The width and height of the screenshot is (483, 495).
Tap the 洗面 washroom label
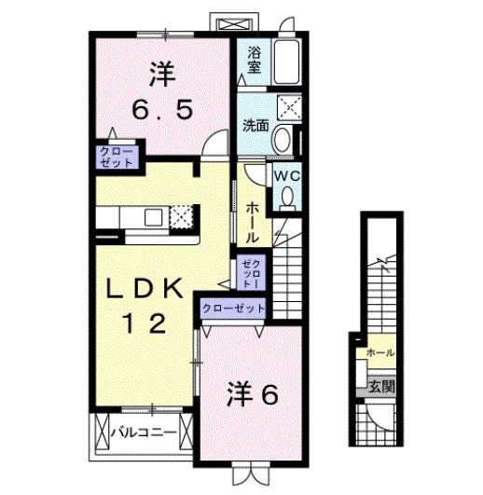pyautogui.click(x=255, y=125)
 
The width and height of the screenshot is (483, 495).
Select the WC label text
pyautogui.click(x=284, y=173)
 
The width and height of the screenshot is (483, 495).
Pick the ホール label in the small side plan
pyautogui.click(x=379, y=353)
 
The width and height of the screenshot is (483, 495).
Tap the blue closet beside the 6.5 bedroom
pyautogui.click(x=118, y=156)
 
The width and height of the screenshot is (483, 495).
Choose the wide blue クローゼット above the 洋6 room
pyautogui.click(x=231, y=309)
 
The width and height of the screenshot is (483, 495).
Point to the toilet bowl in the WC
pyautogui.click(x=288, y=197)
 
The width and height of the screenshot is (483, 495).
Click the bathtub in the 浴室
pyautogui.click(x=284, y=62)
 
